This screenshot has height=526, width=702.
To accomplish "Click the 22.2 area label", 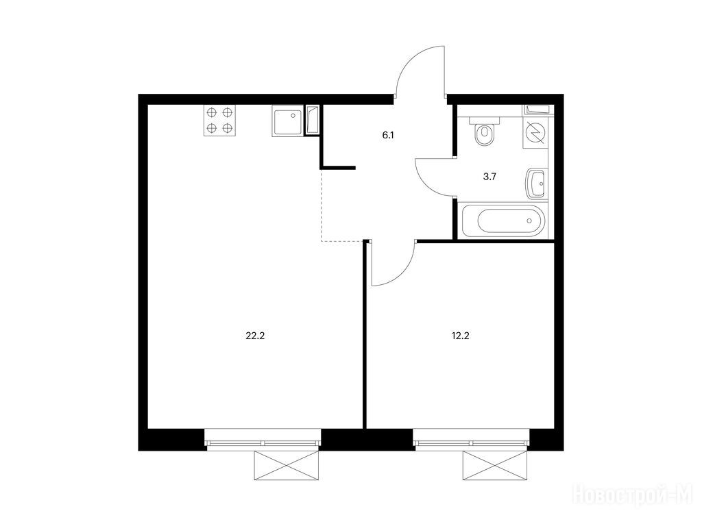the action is pyautogui.click(x=255, y=336).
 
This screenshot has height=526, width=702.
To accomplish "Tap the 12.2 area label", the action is pyautogui.click(x=460, y=336).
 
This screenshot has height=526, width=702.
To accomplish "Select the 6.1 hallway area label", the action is pyautogui.click(x=388, y=135).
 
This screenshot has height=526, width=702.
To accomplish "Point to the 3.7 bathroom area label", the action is pyautogui.click(x=489, y=177).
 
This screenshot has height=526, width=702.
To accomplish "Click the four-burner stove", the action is pyautogui.click(x=220, y=121).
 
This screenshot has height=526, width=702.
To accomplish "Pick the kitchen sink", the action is pyautogui.click(x=287, y=121).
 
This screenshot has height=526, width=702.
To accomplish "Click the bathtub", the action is pyautogui.click(x=503, y=221).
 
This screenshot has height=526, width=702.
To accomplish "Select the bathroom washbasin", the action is pyautogui.click(x=536, y=184).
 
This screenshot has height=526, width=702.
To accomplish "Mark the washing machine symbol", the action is pyautogui.click(x=535, y=134).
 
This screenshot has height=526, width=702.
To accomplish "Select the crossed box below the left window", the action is pyautogui.click(x=287, y=466).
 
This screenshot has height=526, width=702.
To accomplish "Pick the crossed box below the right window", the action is pyautogui.click(x=495, y=466).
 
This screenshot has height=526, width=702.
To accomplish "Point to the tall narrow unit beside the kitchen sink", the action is pyautogui.click(x=312, y=119).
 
